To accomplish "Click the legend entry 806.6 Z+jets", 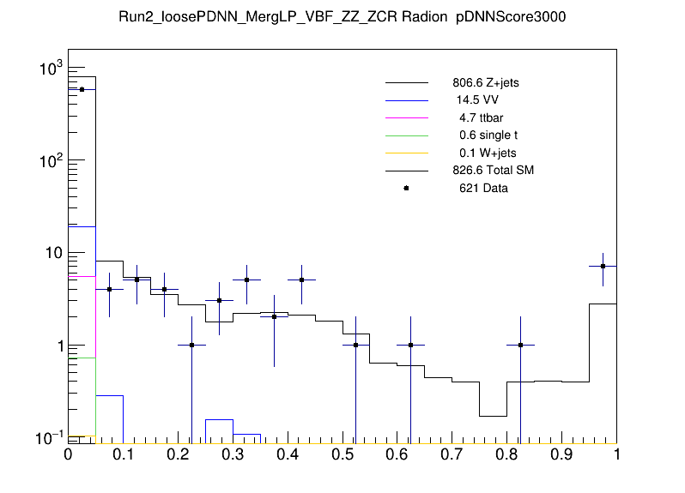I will (x=485, y=83).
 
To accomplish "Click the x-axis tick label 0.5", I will (x=342, y=455).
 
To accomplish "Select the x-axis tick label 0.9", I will (x=562, y=455).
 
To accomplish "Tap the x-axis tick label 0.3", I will (x=233, y=455).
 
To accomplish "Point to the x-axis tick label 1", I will (x=616, y=455).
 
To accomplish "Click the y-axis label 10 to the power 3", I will (x=50, y=69).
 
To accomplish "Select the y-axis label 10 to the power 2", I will (x=50, y=160).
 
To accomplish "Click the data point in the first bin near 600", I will (x=82, y=89).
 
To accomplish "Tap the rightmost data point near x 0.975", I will (x=603, y=266).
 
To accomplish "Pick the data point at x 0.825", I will (x=521, y=345).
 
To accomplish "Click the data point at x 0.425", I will (x=301, y=280).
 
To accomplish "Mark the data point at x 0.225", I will (x=191, y=345).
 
